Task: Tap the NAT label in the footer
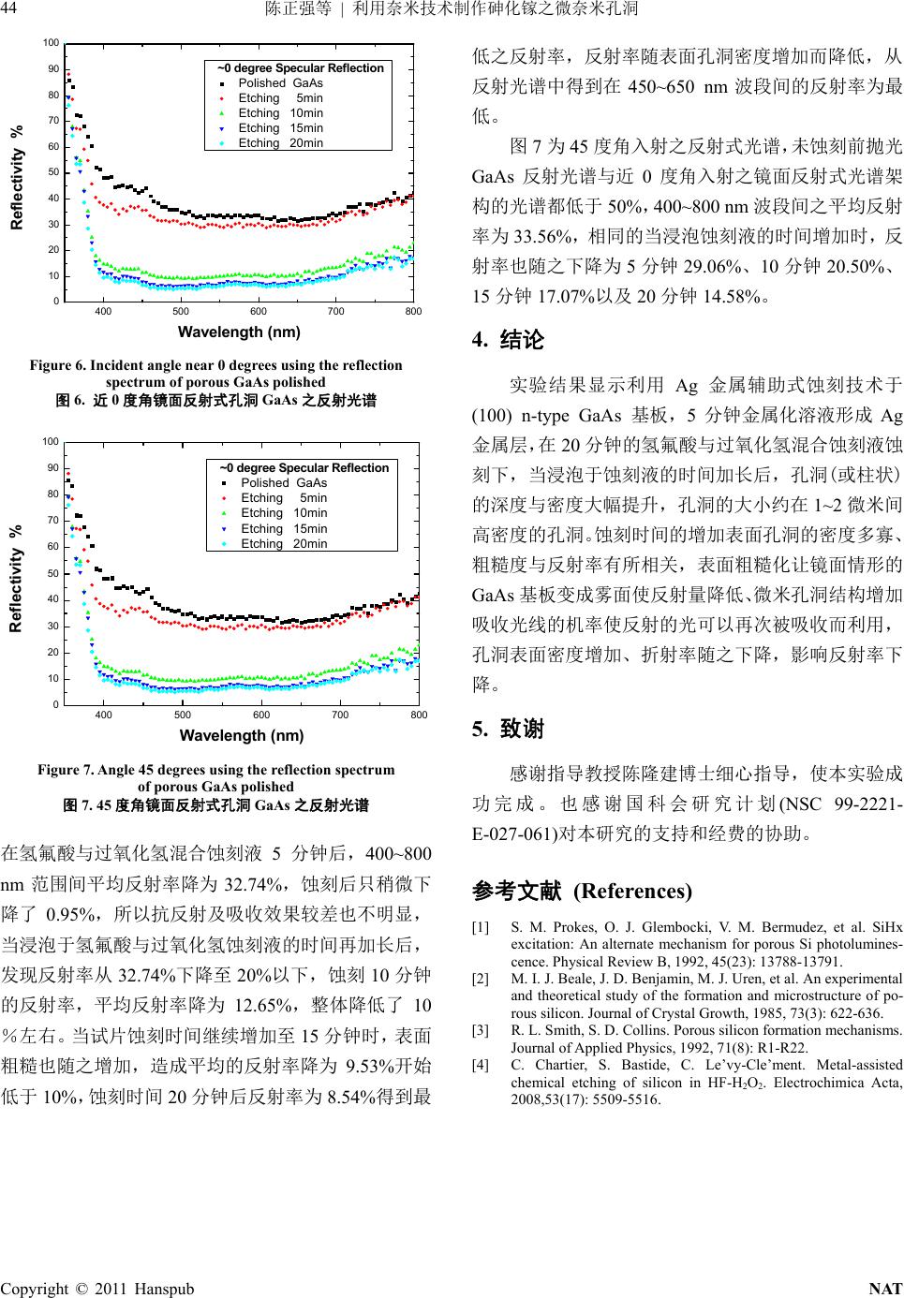pyautogui.click(x=885, y=1289)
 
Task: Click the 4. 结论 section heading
pyautogui.click(x=509, y=340)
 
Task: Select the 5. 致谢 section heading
pyautogui.click(x=509, y=729)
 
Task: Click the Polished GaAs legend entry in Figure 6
pyautogui.click(x=280, y=83)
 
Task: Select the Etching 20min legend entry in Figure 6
pyautogui.click(x=280, y=143)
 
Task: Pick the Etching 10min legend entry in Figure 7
pyautogui.click(x=284, y=513)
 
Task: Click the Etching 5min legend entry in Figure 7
pyautogui.click(x=284, y=498)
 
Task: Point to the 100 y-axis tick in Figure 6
pyautogui.click(x=51, y=43)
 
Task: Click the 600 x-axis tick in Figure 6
pyautogui.click(x=259, y=312)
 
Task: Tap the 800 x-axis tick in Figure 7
pyautogui.click(x=419, y=715)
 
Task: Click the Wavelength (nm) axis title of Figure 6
pyautogui.click(x=239, y=332)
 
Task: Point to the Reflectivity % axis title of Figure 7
pyautogui.click(x=16, y=578)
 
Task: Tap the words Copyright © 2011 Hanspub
pyautogui.click(x=97, y=1289)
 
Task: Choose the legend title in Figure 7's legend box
pyautogui.click(x=304, y=468)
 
